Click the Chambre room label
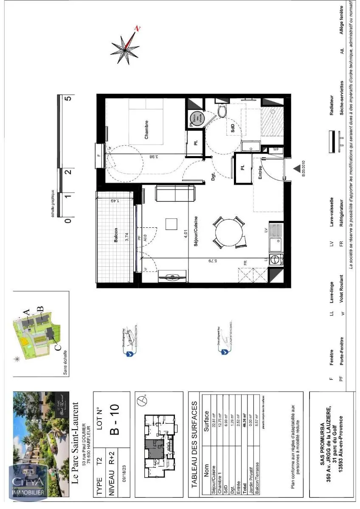(146, 129)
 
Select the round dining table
(230, 232)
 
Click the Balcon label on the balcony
(115, 235)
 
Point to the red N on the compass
(137, 29)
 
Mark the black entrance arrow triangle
(296, 169)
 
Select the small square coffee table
(172, 224)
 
